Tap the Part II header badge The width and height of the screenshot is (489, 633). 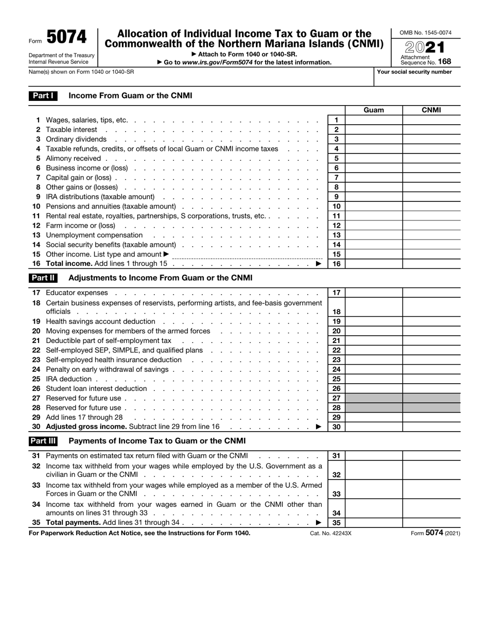click(x=43, y=278)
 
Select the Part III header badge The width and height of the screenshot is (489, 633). click(x=43, y=441)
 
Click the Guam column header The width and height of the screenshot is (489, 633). click(x=374, y=110)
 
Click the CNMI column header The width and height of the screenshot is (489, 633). click(x=431, y=110)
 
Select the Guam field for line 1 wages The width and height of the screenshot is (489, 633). click(x=374, y=120)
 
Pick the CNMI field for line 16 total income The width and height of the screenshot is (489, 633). click(x=431, y=264)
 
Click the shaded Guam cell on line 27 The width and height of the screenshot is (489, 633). click(x=374, y=398)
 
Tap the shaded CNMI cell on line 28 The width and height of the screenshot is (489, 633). click(x=431, y=407)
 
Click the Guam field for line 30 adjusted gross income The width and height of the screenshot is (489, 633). click(x=374, y=426)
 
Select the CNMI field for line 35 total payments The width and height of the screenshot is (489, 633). click(x=431, y=522)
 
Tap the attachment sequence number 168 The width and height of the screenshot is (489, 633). click(x=445, y=62)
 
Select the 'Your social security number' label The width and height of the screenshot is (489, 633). click(x=414, y=72)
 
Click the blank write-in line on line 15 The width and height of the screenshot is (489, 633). click(x=247, y=255)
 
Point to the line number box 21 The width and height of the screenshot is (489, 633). click(x=336, y=340)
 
